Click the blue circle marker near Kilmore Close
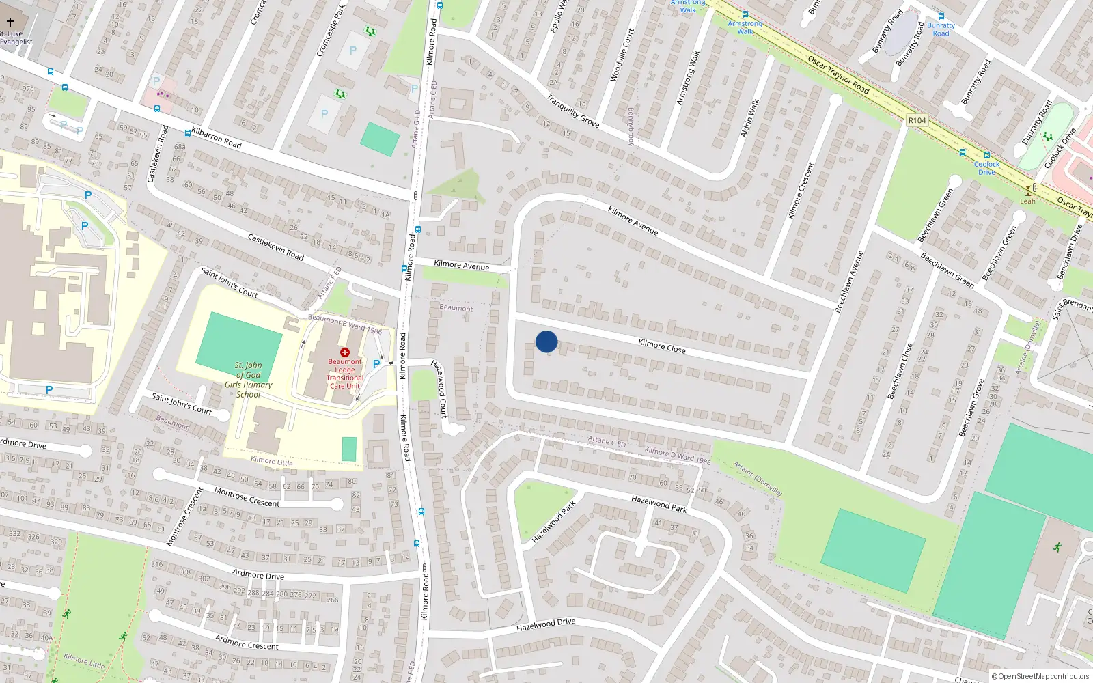coord(546,341)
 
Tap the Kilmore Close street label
coord(661,346)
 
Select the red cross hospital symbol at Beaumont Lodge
coord(345,352)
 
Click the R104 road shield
coord(917,120)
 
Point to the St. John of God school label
coord(249,380)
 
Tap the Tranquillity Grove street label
coord(573,111)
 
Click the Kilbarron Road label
coord(217,137)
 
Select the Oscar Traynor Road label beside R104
coord(838,74)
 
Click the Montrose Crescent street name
coord(247,497)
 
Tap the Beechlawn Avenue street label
coord(849,281)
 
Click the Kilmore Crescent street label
coord(801,191)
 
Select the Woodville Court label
coord(622,55)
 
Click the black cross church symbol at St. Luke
coord(10,23)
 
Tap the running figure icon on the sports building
coord(1057,546)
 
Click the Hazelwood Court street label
coord(439,388)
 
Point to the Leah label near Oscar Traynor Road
coord(1027,201)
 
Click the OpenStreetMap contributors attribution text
coord(1040,676)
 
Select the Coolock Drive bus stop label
coord(986,168)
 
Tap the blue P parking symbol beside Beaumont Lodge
coord(376,364)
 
